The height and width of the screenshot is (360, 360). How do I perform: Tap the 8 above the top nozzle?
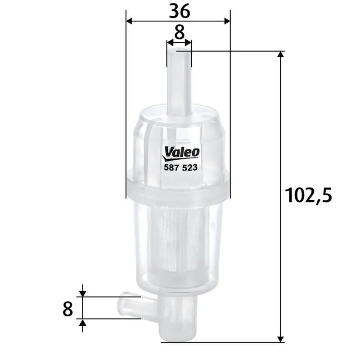pyautogui.click(x=179, y=32)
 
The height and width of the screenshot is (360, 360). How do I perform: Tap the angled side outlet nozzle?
pyautogui.click(x=130, y=304)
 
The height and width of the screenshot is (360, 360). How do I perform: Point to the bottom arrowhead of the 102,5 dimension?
pyautogui.click(x=281, y=338)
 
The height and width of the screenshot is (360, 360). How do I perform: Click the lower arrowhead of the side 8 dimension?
pyautogui.click(x=82, y=323)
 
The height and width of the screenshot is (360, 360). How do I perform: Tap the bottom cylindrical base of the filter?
pyautogui.click(x=179, y=319)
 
